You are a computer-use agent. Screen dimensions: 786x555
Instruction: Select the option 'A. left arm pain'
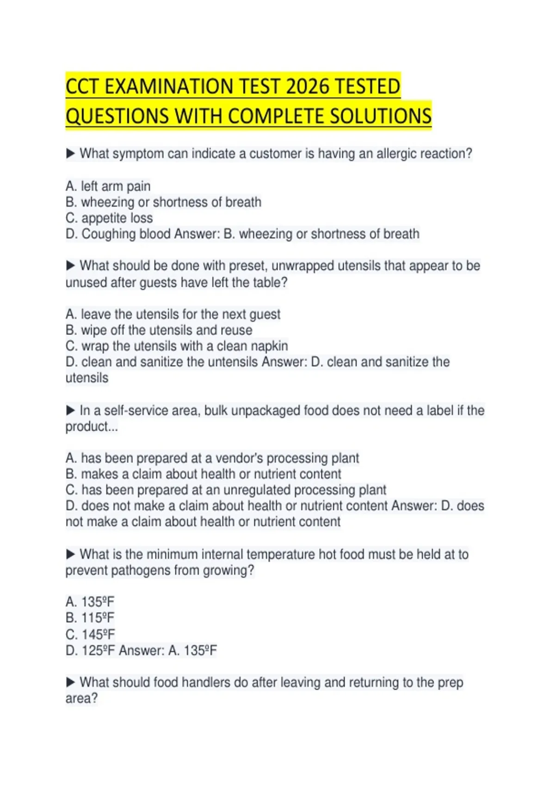click(x=108, y=186)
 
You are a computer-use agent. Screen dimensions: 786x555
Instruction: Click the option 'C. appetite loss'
click(x=109, y=218)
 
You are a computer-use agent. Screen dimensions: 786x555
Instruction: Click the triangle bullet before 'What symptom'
click(x=70, y=153)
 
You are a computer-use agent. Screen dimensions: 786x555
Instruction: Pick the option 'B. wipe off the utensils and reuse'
click(x=159, y=330)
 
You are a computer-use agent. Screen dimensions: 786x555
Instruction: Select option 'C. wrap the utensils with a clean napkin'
click(x=177, y=346)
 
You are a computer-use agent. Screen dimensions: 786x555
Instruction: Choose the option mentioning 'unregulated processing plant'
click(x=226, y=490)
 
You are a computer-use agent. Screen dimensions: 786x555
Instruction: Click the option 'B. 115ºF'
click(x=90, y=618)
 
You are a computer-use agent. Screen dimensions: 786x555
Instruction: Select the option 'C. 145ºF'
click(x=90, y=634)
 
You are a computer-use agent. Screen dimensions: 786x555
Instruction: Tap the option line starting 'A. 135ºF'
click(x=90, y=602)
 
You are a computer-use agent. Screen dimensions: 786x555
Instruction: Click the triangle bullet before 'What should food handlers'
click(x=70, y=682)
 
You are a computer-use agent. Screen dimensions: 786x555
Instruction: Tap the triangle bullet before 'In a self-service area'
click(x=70, y=410)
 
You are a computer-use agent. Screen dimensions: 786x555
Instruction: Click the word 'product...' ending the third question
click(x=92, y=427)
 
